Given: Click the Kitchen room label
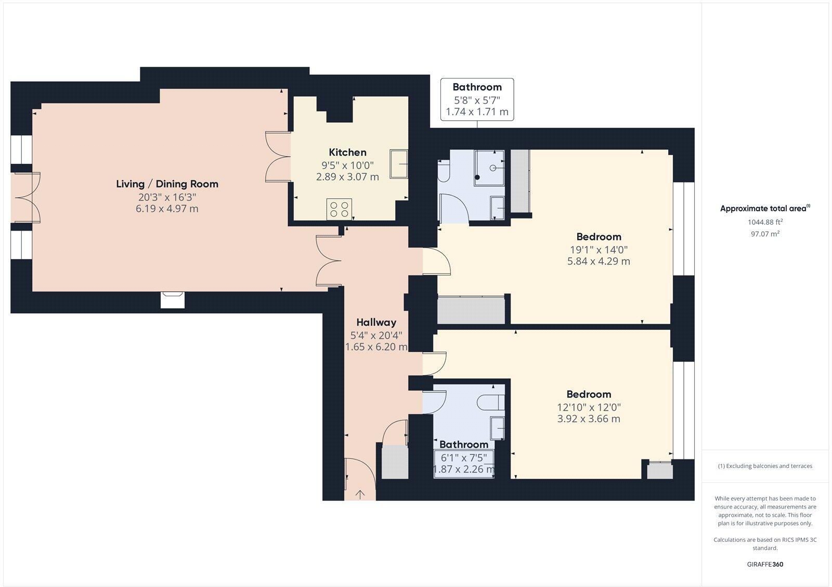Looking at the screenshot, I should pos(347,152).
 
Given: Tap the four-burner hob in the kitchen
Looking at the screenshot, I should pos(339,209).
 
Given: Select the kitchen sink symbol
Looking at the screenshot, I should pos(399,163).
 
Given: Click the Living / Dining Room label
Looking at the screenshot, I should pos(167,184).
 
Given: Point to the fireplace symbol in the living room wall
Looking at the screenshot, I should pos(173,300).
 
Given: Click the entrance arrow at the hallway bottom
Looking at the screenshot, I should pos(360,494).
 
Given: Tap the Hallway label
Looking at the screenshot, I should pos(376,322).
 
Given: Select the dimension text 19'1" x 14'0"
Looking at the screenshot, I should pos(598,250).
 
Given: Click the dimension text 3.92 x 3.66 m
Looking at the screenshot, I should pos(589,419).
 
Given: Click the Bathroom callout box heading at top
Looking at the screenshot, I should pos(477,87).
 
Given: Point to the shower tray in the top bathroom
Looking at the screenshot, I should pos(489,168).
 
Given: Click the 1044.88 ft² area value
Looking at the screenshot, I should pos(765,222).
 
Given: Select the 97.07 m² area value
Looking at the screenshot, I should pos(765,234).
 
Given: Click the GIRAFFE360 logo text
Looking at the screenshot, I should pos(765,564).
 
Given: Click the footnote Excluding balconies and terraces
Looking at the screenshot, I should pos(765,466).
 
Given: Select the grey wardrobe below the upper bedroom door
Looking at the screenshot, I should pos(471,311).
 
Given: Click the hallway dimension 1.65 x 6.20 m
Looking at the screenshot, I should pos(376,347).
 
